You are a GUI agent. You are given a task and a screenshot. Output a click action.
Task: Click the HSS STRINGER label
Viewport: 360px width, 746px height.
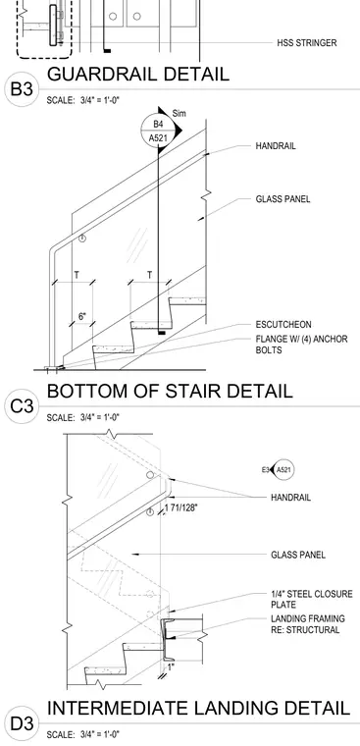coord(307,43)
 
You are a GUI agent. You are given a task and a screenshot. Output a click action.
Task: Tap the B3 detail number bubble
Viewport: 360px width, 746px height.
coord(21,89)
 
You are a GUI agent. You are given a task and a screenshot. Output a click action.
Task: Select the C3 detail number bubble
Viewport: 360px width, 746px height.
coord(21,406)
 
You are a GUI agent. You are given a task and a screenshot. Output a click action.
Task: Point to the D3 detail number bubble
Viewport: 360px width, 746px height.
coord(21,724)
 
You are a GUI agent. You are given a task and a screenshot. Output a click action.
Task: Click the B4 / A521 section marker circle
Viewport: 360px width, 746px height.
coord(158,132)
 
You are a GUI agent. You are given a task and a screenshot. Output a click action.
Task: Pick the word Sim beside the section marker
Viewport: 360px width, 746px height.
coord(180,114)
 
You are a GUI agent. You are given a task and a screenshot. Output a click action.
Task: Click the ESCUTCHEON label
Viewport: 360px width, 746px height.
coord(283,325)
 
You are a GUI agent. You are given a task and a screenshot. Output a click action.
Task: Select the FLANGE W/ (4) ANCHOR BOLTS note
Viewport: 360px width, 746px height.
coord(301,345)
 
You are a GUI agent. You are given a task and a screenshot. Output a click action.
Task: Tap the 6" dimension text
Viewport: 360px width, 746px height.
coord(82,316)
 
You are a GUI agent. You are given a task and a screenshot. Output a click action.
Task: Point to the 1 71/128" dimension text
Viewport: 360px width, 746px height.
coord(181,507)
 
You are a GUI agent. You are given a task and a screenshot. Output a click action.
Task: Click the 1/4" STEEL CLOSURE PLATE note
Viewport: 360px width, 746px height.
coord(312,600)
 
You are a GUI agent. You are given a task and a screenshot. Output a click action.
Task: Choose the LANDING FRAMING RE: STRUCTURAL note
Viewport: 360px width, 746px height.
coord(308,624)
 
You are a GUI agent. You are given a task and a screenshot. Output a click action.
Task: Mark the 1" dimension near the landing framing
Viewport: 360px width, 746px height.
coord(171,667)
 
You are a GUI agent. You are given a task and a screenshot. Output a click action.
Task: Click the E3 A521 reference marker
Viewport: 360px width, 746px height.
coord(278,470)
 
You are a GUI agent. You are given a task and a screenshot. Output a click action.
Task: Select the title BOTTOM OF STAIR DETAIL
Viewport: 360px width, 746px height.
coord(170,391)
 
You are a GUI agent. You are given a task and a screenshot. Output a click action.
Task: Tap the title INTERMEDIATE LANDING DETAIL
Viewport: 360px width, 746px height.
coord(199,708)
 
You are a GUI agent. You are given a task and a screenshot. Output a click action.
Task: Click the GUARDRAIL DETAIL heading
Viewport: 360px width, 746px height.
coord(138,75)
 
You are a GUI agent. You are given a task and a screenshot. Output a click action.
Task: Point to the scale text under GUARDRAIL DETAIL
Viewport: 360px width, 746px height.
coord(83,100)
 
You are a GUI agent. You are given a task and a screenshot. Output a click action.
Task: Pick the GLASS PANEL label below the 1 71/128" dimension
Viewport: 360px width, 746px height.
coord(298,555)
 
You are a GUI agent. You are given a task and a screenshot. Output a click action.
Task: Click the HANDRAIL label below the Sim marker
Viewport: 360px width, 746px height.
coord(276,146)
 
